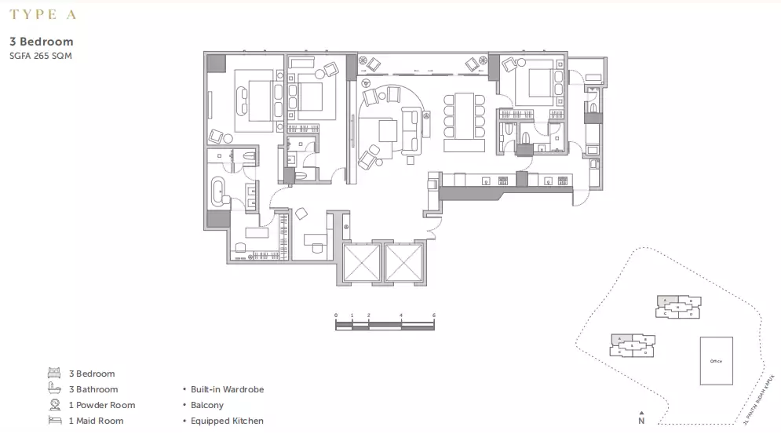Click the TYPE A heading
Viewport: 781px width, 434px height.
pos(43,14)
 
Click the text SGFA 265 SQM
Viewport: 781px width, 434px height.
pos(41,56)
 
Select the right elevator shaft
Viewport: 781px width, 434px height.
pos(403,261)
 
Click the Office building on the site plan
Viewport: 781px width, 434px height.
pos(716,361)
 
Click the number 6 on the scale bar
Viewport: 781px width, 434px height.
pos(433,315)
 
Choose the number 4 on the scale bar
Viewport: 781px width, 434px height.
pos(401,315)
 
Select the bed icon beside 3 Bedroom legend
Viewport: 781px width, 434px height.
pos(54,374)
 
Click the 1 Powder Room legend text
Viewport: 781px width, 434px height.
pos(102,405)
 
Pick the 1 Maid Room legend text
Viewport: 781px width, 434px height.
pos(97,421)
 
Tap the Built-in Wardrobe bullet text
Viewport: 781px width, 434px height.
pos(227,389)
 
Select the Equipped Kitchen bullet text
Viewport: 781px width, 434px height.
pos(227,421)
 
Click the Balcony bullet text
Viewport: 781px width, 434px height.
pos(207,405)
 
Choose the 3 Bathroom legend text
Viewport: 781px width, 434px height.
pos(93,389)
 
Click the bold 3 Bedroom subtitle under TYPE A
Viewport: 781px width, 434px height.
pos(42,42)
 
